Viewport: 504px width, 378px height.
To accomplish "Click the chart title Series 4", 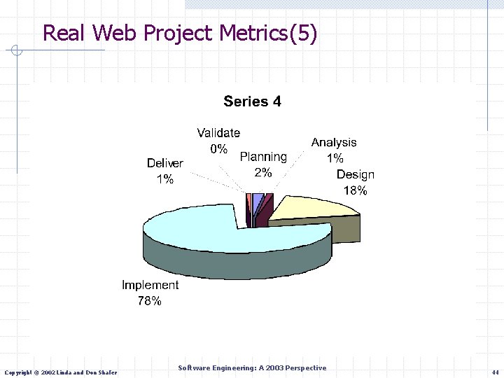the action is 252,101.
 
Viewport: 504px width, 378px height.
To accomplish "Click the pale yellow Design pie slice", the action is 308,208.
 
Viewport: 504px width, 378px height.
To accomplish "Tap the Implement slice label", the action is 150,286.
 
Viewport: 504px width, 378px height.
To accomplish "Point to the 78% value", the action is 150,301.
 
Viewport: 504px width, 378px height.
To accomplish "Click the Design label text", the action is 355,175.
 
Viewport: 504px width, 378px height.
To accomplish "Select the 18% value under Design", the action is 355,190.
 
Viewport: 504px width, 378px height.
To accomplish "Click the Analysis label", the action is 334,143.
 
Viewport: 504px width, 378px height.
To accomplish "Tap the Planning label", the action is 263,157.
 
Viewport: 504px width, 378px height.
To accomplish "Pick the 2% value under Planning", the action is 263,173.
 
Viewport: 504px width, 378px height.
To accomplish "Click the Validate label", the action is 218,132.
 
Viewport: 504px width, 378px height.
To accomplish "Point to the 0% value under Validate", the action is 218,148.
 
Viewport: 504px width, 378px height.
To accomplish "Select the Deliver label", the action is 165,163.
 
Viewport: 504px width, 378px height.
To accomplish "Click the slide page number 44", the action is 495,372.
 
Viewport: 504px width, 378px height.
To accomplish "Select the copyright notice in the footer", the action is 61,372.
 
